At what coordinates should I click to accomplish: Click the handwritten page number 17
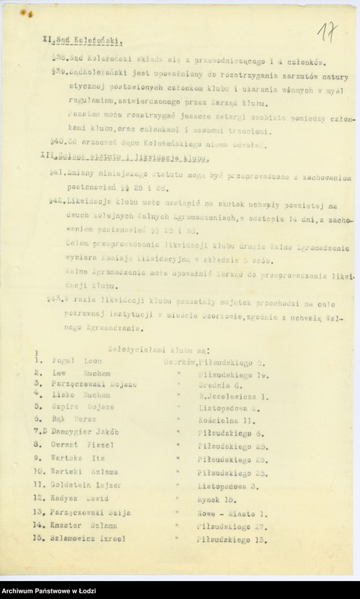pos(328,32)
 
